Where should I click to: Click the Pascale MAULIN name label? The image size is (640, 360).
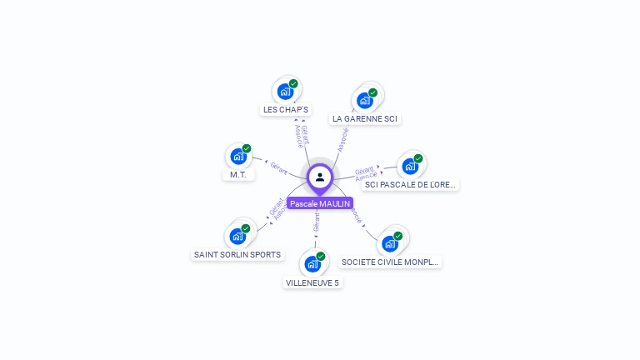click(320, 203)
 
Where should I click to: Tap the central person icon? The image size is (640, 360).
click(320, 177)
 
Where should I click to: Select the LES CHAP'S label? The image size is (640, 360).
click(286, 109)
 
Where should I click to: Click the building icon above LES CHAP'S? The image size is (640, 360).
click(286, 91)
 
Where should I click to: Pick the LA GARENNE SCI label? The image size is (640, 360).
click(365, 118)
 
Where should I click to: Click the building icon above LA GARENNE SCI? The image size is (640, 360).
click(364, 100)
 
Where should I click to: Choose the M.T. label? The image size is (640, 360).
click(237, 175)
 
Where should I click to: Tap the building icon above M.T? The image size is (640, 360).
click(238, 157)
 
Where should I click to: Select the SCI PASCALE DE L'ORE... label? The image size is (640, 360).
click(411, 184)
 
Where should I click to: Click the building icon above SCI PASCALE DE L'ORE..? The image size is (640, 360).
click(410, 166)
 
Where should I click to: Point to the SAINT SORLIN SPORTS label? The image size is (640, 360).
click(237, 254)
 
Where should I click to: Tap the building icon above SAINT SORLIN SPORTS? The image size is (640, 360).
click(237, 236)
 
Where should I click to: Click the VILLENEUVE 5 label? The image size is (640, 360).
click(312, 282)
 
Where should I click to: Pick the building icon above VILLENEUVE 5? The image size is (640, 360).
click(312, 264)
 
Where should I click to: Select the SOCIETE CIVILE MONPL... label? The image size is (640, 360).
click(390, 262)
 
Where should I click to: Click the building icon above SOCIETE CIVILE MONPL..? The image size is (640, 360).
click(389, 243)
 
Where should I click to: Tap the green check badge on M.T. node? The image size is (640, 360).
click(247, 148)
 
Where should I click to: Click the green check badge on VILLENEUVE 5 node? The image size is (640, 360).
click(321, 256)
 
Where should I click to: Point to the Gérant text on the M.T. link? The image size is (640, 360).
click(279, 167)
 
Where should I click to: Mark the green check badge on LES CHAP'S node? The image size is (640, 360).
click(294, 83)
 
